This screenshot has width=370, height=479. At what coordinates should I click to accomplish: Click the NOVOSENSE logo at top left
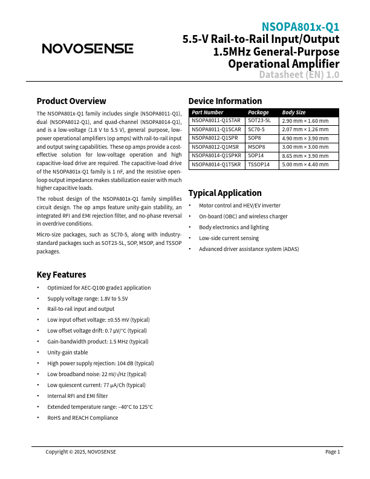[x=87, y=48]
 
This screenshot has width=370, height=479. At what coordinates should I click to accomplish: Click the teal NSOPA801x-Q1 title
[x=300, y=27]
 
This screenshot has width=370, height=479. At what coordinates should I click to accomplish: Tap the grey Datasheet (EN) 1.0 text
[x=299, y=75]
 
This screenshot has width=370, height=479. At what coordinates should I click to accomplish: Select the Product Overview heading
[x=71, y=101]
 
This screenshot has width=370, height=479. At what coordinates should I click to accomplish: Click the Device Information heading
[x=225, y=101]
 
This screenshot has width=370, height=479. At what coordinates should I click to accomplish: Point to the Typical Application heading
[x=225, y=193]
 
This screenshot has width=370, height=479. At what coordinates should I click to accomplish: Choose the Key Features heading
[x=61, y=275]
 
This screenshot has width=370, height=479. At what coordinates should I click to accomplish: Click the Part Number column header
[x=208, y=112]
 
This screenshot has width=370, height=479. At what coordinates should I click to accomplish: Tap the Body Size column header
[x=294, y=112]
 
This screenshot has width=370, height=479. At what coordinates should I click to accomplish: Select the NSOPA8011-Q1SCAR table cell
[x=216, y=129]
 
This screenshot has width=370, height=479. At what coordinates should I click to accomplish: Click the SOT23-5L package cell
[x=259, y=121]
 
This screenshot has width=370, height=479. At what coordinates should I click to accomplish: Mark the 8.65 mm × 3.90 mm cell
[x=305, y=155]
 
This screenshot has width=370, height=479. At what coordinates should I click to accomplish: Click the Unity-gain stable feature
[x=67, y=353]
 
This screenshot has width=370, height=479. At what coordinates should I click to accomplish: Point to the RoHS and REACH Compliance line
[x=82, y=418]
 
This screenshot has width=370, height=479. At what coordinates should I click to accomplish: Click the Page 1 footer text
[x=333, y=452]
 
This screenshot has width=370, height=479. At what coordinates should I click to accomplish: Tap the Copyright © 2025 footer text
[x=80, y=452]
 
